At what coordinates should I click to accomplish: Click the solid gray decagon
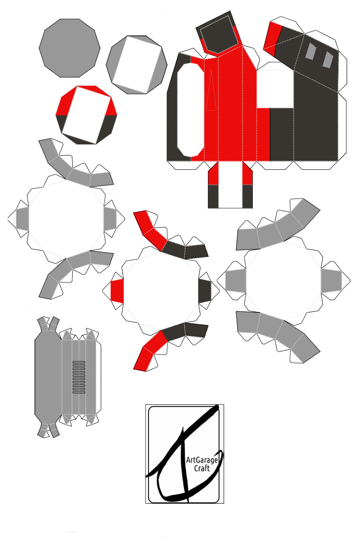(x=70, y=48)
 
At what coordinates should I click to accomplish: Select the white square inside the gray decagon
(x=137, y=65)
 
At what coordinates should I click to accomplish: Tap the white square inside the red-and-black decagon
(x=86, y=115)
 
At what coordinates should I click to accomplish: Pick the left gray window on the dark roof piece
(x=311, y=51)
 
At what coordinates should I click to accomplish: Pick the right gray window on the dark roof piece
(x=328, y=60)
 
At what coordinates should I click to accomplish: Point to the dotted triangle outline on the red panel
(x=211, y=90)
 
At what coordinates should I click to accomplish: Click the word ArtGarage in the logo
(x=202, y=460)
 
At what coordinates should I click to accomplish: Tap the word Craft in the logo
(x=202, y=468)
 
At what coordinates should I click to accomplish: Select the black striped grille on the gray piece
(x=79, y=377)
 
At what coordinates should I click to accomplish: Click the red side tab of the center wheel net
(x=117, y=291)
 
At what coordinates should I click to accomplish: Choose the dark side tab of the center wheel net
(x=205, y=291)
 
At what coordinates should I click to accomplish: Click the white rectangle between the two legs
(x=230, y=185)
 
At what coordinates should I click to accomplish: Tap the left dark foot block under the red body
(x=213, y=196)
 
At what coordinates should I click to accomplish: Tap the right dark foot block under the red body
(x=247, y=196)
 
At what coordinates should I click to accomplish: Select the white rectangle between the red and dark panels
(x=275, y=89)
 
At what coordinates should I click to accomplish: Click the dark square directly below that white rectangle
(x=282, y=134)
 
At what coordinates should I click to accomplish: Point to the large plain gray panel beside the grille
(x=48, y=378)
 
